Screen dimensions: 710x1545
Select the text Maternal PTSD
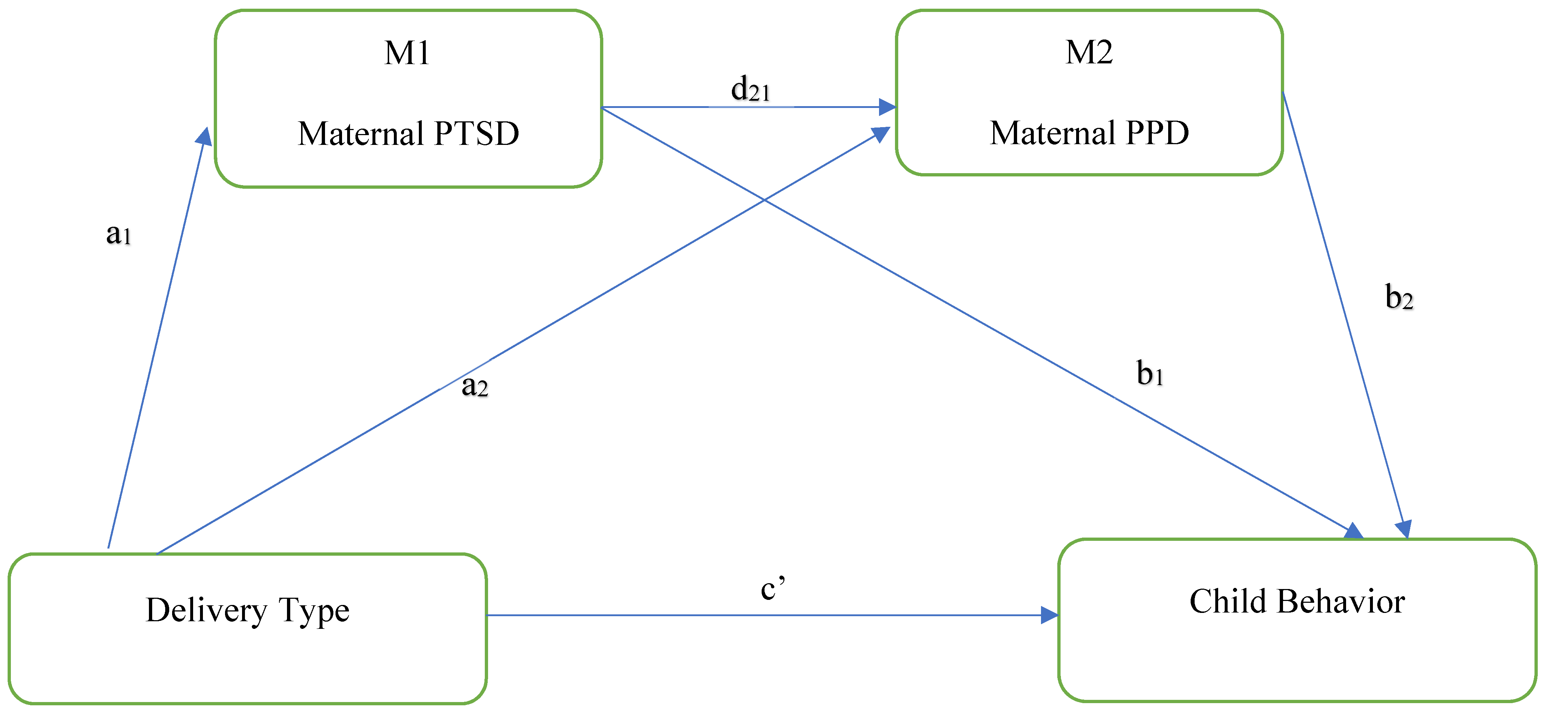click(x=408, y=133)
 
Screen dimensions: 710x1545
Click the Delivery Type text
click(x=247, y=610)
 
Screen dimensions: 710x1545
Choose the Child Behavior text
click(x=1297, y=601)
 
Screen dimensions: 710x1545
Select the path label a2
click(x=474, y=385)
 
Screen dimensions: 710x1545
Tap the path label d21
click(x=750, y=89)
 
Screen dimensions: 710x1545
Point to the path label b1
click(x=1149, y=373)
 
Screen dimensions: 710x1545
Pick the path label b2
click(x=1399, y=297)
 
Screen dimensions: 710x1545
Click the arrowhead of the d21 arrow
click(x=888, y=107)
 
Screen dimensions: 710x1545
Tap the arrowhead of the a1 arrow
click(x=204, y=137)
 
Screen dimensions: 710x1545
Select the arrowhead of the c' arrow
click(x=1050, y=615)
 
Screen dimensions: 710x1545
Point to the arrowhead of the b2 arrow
click(x=1403, y=529)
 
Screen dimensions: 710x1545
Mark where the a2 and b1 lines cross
click(x=763, y=199)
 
